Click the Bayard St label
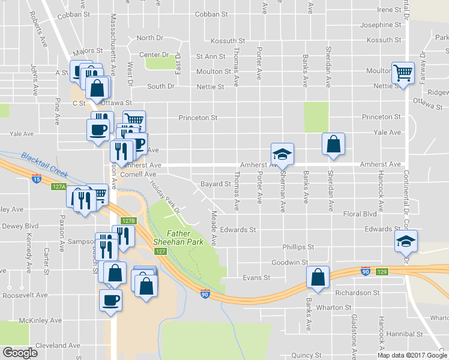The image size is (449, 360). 215,184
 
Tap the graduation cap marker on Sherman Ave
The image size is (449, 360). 282,154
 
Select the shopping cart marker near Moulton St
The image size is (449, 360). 403,73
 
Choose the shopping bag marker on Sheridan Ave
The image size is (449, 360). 333,144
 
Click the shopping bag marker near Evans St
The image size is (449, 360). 318,277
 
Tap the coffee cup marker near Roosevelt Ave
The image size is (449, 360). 111,299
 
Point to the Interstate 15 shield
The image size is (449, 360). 37,178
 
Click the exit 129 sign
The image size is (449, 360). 382,272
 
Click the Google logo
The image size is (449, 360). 20,353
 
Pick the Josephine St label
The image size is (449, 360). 380,25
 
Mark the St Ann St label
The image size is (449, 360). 210,56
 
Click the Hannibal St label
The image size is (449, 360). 405,333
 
